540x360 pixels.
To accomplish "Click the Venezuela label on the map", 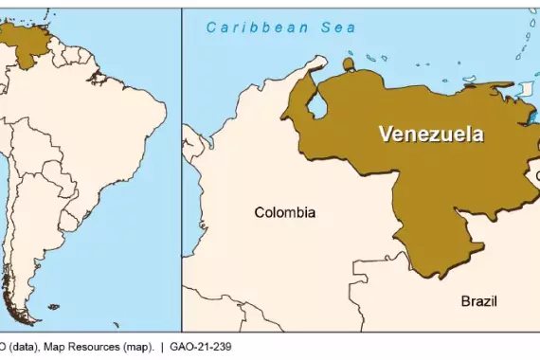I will (430, 134).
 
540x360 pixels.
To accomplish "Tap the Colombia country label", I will (284, 212).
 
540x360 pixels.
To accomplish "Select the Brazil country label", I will (478, 301).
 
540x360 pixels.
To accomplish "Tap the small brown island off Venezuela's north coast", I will (348, 64).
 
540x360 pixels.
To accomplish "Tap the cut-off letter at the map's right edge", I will (535, 176).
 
